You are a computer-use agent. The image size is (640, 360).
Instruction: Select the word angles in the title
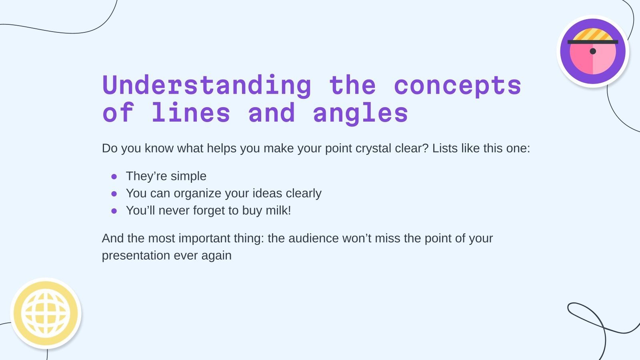pyautogui.click(x=360, y=113)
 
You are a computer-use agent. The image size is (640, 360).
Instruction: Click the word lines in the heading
pyautogui.click(x=191, y=113)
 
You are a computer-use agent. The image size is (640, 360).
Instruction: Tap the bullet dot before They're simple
pyautogui.click(x=114, y=176)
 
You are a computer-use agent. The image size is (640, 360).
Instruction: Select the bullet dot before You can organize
pyautogui.click(x=114, y=194)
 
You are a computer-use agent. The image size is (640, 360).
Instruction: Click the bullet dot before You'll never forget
pyautogui.click(x=114, y=211)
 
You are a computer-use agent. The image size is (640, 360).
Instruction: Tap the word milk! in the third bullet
pyautogui.click(x=278, y=211)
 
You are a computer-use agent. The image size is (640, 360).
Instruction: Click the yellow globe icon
pyautogui.click(x=46, y=313)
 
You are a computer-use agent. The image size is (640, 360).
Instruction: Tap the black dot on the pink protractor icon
pyautogui.click(x=593, y=51)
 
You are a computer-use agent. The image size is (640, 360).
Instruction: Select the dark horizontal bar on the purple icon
pyautogui.click(x=593, y=42)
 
